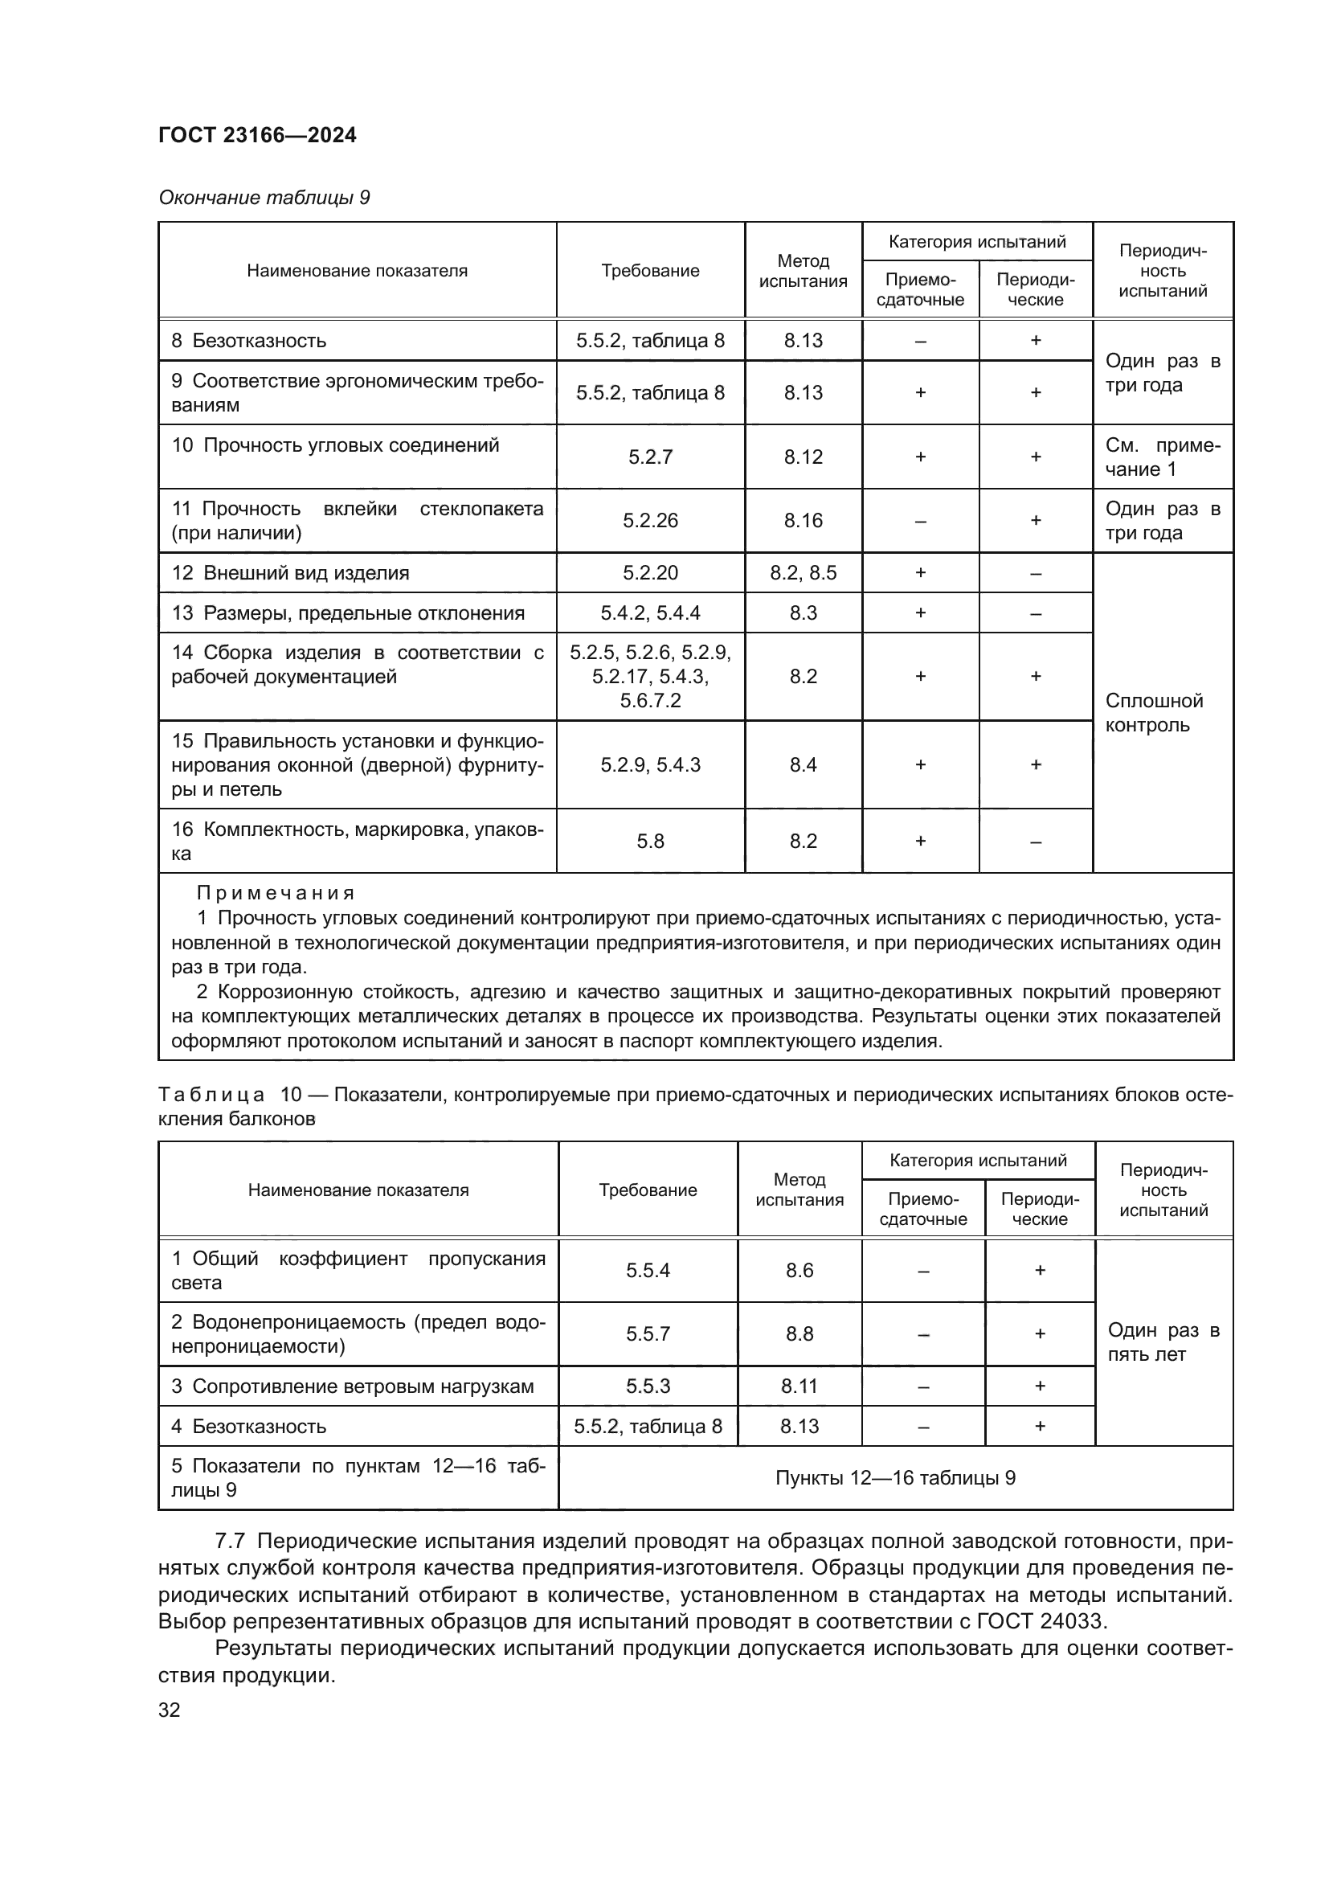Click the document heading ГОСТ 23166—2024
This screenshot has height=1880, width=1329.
click(x=257, y=135)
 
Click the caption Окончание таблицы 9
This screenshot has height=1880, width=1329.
click(x=264, y=198)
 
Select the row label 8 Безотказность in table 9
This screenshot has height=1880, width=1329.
click(x=249, y=341)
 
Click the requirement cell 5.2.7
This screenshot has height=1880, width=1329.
click(x=650, y=457)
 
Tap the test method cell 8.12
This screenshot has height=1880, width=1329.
click(x=803, y=457)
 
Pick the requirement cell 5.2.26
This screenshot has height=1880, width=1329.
click(x=650, y=521)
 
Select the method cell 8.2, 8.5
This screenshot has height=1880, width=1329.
click(x=803, y=573)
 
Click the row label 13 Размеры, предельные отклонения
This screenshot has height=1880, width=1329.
click(x=347, y=613)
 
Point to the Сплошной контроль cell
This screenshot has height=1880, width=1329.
click(x=1154, y=712)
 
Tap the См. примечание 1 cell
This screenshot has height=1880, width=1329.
click(x=1162, y=457)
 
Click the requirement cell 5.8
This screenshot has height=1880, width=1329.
click(x=650, y=841)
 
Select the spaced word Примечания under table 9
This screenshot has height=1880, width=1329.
click(x=275, y=893)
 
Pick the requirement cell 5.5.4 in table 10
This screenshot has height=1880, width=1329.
click(x=648, y=1270)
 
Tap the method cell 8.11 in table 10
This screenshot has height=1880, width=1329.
click(x=799, y=1386)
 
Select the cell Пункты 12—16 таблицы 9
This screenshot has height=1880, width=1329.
click(x=895, y=1478)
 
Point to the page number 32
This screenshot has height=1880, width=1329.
click(x=170, y=1710)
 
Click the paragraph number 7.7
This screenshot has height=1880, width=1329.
click(x=229, y=1541)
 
